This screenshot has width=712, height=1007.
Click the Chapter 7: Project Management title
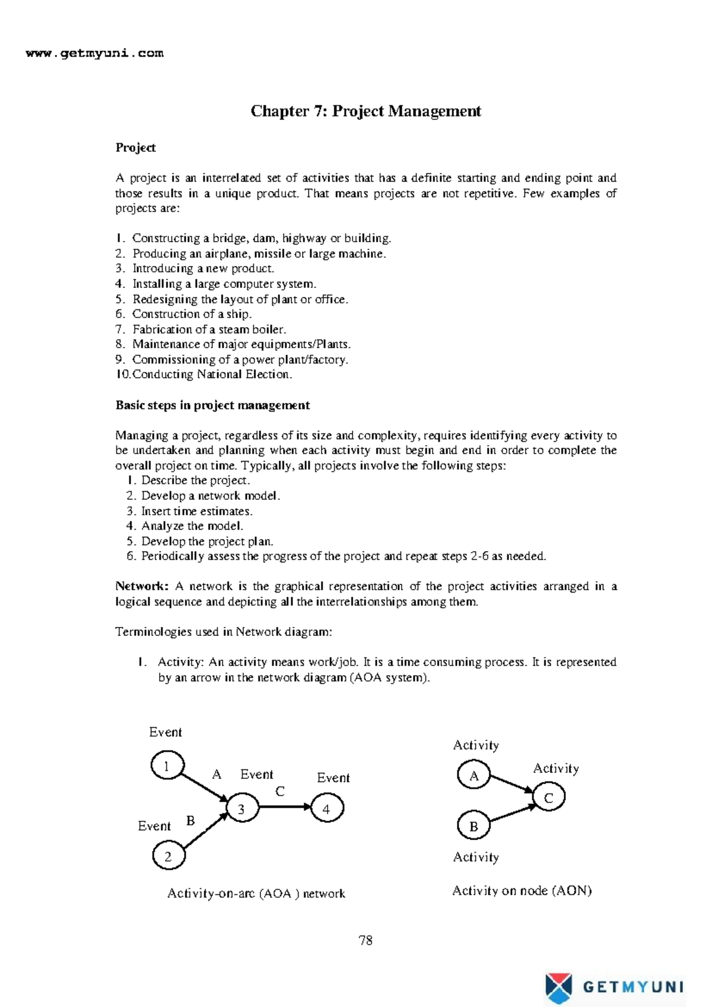pyautogui.click(x=365, y=111)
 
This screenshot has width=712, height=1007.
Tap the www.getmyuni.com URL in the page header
pyautogui.click(x=95, y=53)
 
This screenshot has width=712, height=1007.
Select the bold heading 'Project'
pyautogui.click(x=135, y=147)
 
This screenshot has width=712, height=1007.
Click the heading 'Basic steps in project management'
pyautogui.click(x=212, y=405)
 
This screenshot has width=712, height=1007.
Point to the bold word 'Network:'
pyautogui.click(x=141, y=586)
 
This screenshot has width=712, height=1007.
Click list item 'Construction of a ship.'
pyautogui.click(x=191, y=313)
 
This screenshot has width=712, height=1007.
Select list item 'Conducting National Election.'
pyautogui.click(x=211, y=374)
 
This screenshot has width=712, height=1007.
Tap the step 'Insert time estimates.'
pyautogui.click(x=196, y=511)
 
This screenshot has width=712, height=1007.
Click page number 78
pyautogui.click(x=365, y=940)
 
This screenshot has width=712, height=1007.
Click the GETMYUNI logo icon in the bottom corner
pyautogui.click(x=558, y=987)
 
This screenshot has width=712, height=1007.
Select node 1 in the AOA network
pyautogui.click(x=167, y=765)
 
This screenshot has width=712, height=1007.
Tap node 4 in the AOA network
pyautogui.click(x=327, y=809)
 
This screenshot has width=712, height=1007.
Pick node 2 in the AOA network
pyautogui.click(x=169, y=856)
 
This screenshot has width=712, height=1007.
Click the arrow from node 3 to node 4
pyautogui.click(x=285, y=806)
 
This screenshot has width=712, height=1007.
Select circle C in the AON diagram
pyautogui.click(x=548, y=797)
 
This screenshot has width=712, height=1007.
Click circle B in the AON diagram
pyautogui.click(x=474, y=825)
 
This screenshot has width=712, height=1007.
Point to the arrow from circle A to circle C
pyautogui.click(x=511, y=784)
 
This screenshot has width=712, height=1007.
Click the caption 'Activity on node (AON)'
pyautogui.click(x=522, y=890)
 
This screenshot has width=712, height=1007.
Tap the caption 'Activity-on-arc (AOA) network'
pyautogui.click(x=256, y=893)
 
